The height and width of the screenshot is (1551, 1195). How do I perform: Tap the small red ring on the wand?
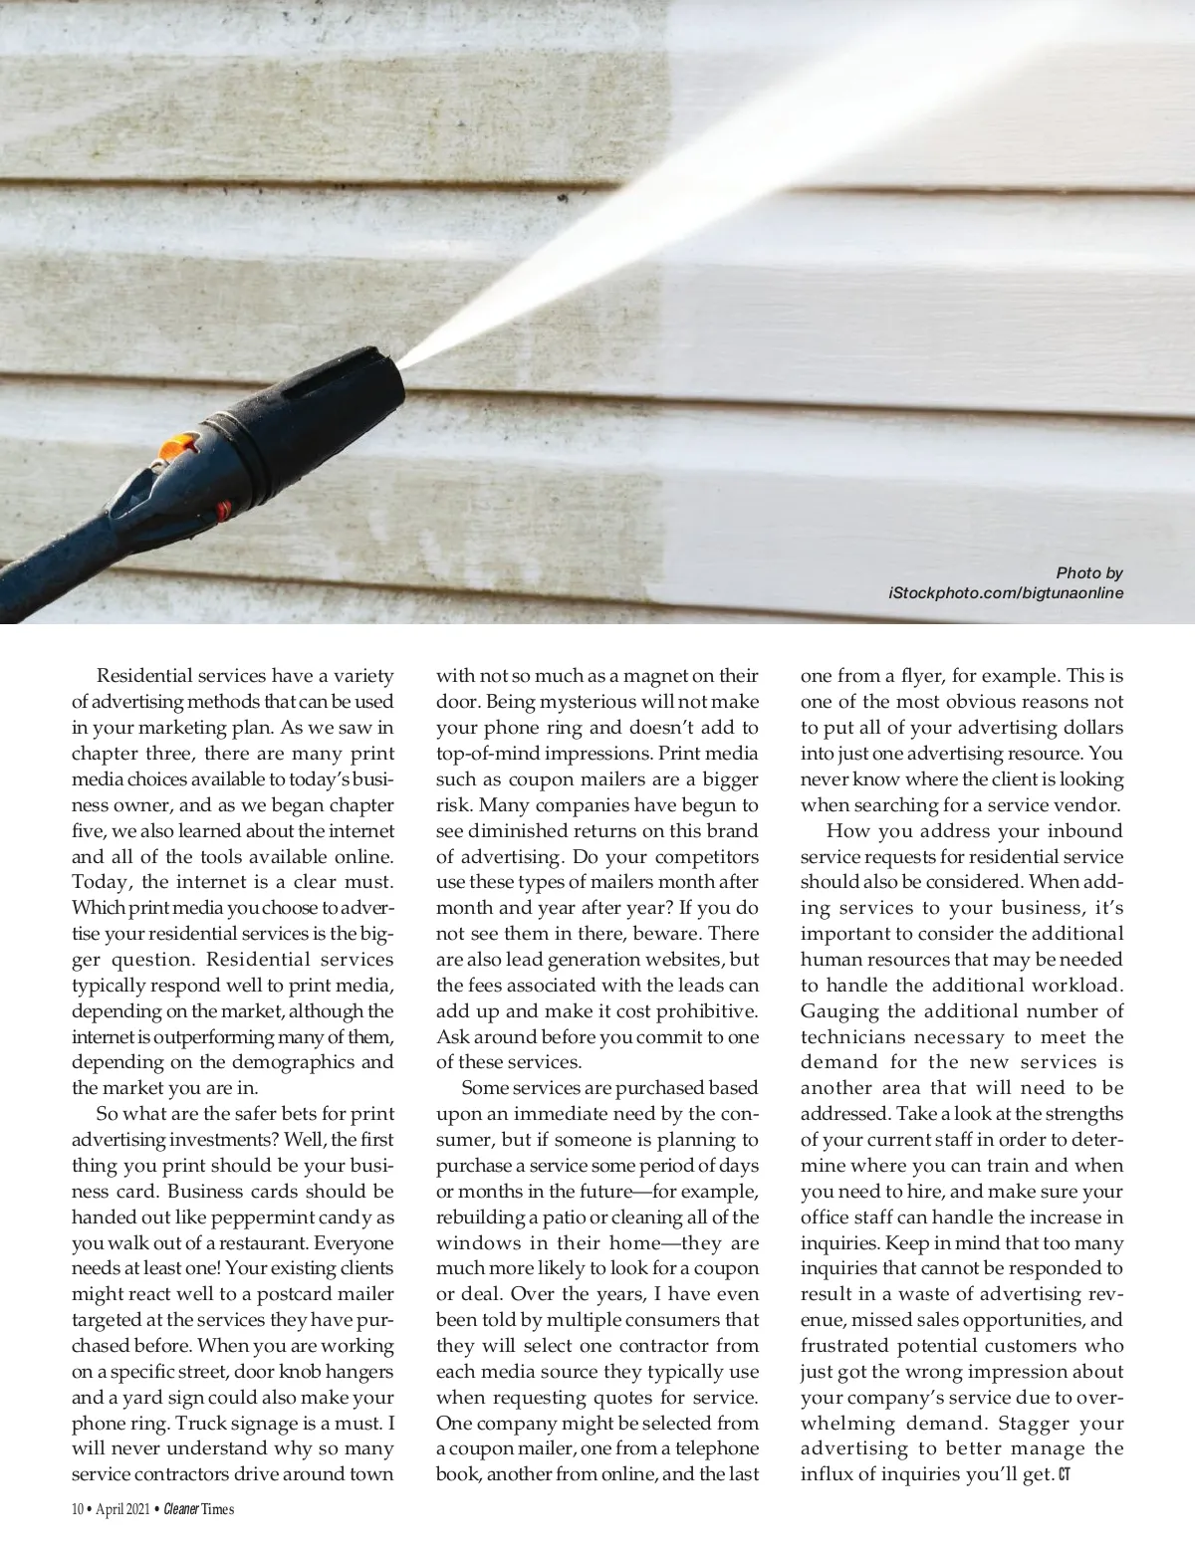tap(223, 512)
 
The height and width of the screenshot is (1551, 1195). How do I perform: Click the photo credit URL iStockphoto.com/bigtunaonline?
tap(1006, 594)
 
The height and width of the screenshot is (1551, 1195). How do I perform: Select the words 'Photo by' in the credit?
tap(1089, 572)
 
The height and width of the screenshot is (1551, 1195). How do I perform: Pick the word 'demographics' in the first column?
tap(292, 1063)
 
